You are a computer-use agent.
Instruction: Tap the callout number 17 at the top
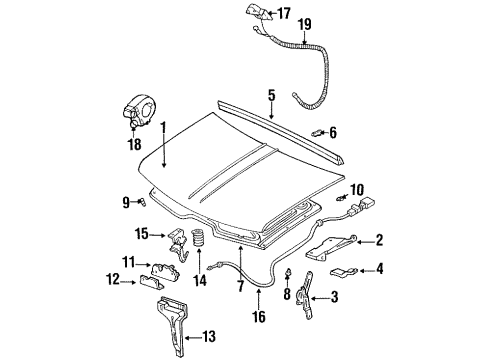pos(284,13)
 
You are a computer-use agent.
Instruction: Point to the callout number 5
pos(270,96)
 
